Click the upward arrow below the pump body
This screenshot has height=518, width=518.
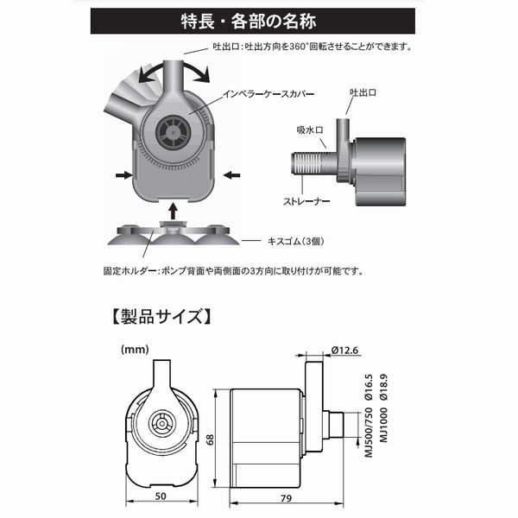click(174, 210)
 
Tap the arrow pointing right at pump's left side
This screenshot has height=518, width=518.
click(120, 174)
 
